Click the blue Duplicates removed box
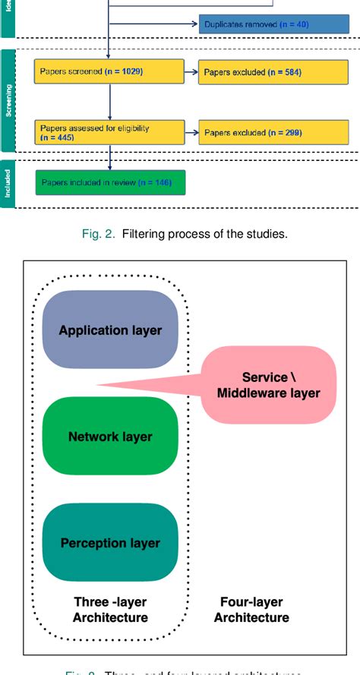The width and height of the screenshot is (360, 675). pos(263,24)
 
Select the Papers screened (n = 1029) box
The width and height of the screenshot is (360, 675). pos(109,72)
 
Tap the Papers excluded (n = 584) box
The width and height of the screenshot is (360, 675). pos(263,73)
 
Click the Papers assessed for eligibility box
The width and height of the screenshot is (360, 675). pos(109,133)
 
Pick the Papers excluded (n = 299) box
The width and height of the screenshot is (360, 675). pos(263,133)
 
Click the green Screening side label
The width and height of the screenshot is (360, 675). pos(8,101)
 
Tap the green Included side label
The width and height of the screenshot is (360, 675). pos(8,183)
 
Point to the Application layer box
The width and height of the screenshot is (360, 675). pos(110,330)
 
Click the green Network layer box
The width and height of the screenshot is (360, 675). pos(110,437)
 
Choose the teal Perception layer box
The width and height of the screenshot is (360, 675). pos(110,543)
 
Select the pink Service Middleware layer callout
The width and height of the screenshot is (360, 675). pos(268,385)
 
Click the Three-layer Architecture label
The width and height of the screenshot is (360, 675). pos(110,610)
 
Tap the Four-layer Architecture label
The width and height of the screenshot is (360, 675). pos(251,610)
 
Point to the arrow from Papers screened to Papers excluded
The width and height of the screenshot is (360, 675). pos(191,73)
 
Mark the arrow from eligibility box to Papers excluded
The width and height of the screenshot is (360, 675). pos(191,133)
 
